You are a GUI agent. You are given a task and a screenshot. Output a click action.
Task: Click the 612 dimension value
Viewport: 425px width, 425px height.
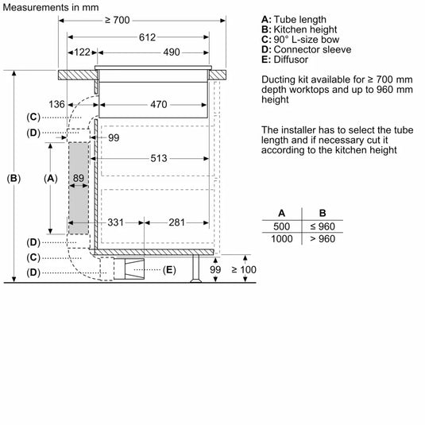click(x=146, y=37)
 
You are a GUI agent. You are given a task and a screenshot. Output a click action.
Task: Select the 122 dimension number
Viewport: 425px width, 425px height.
click(x=82, y=52)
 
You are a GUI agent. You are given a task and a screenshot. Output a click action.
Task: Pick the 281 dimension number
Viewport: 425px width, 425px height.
click(x=176, y=222)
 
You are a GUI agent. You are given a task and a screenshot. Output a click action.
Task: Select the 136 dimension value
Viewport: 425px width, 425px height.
click(x=56, y=104)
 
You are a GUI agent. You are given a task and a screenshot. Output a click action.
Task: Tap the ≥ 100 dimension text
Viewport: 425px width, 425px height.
click(x=245, y=271)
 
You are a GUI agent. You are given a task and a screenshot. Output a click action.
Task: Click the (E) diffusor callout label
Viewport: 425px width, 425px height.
click(x=168, y=271)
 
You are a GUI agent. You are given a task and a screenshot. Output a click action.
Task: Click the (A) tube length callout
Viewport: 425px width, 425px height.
click(x=51, y=179)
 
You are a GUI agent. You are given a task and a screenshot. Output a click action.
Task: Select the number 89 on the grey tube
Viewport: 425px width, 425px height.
click(x=77, y=179)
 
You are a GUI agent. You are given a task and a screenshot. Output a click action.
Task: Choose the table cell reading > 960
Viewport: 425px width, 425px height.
click(x=322, y=238)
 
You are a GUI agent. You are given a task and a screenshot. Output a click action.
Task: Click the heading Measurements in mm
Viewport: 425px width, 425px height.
click(x=50, y=6)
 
